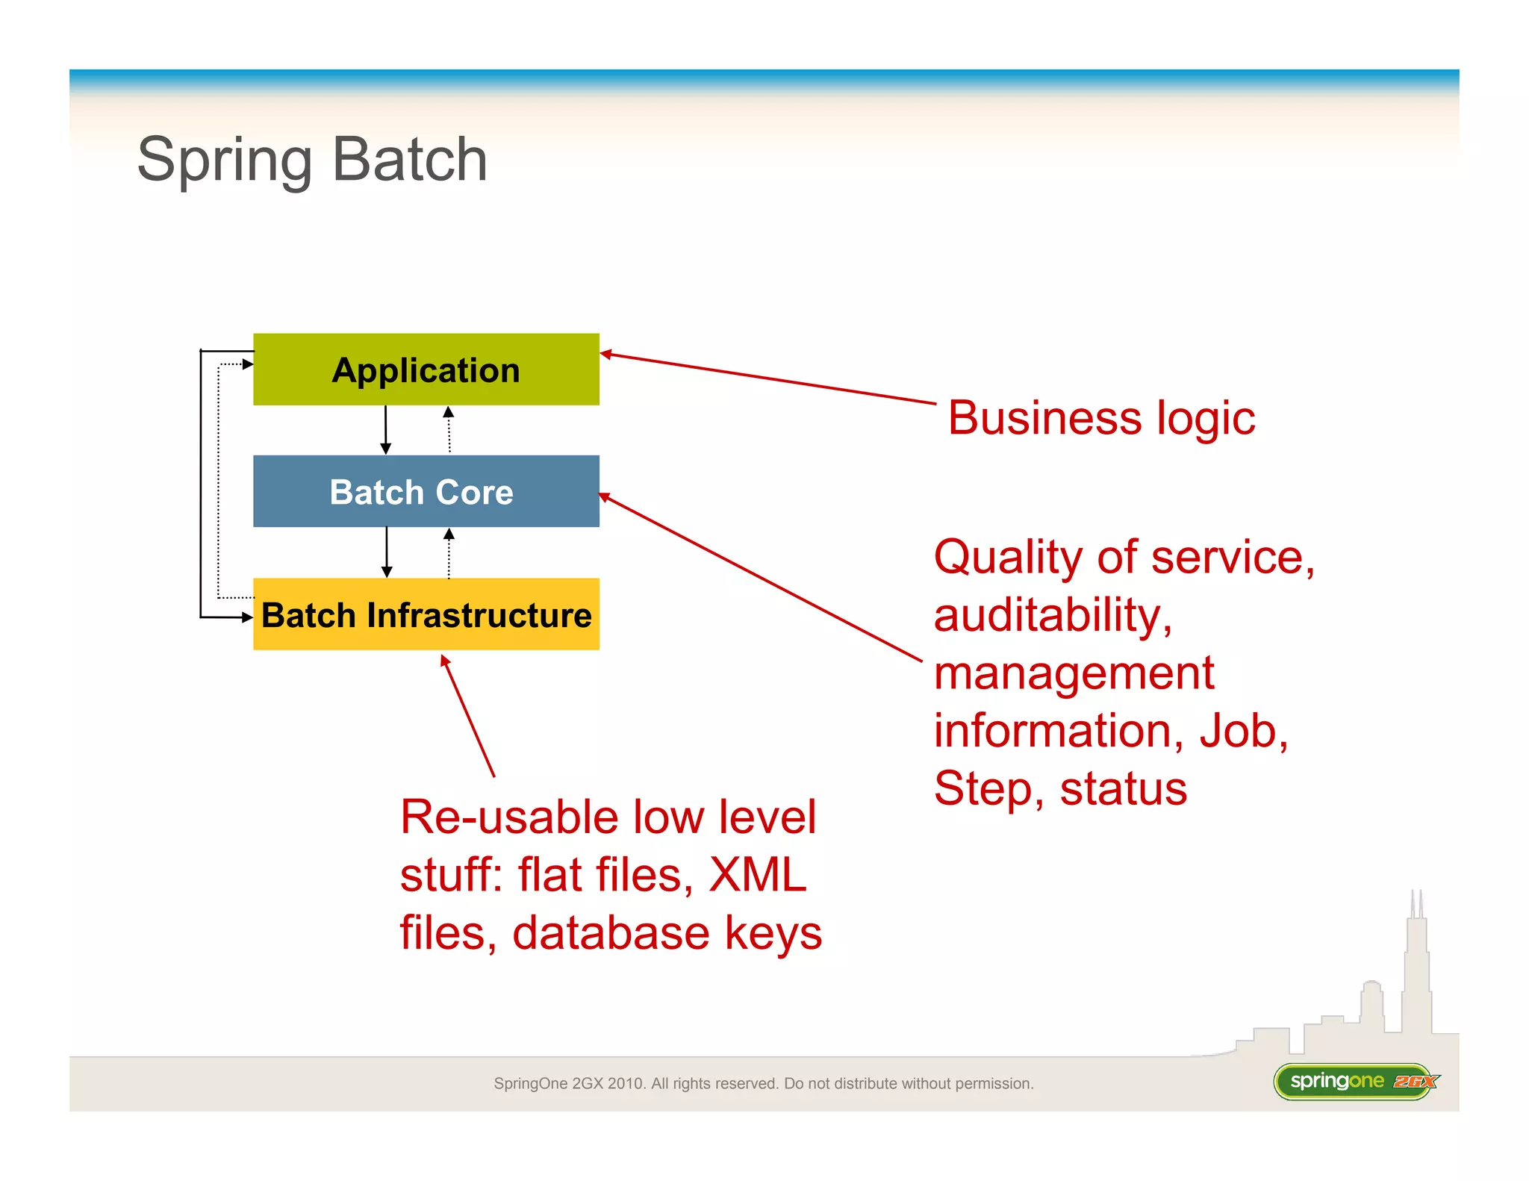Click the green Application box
[426, 370]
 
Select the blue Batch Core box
[426, 491]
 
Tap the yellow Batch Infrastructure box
[426, 614]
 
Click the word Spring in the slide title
[224, 161]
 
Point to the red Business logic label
[1101, 418]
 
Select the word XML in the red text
[757, 874]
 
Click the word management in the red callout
[1074, 673]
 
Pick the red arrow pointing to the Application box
[769, 379]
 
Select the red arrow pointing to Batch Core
[762, 578]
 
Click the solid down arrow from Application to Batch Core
[385, 430]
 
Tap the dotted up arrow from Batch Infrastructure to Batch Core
[449, 553]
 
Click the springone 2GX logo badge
[1355, 1081]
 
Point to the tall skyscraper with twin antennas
[1416, 970]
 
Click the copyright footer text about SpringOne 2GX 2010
[763, 1083]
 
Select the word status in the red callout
[1123, 789]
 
